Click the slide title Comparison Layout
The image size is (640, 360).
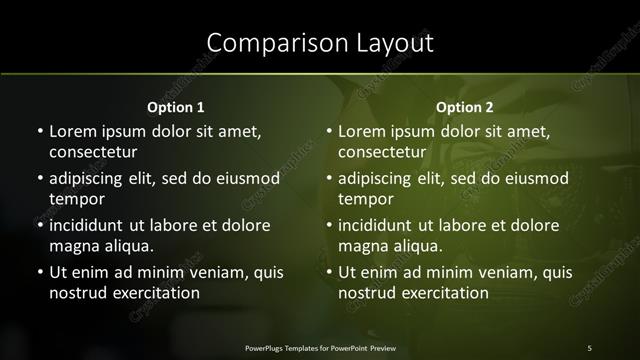320,43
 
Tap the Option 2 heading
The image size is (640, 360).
465,107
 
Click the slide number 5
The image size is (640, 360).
589,347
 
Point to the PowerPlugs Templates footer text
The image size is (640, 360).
320,347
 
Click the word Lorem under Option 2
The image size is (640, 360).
362,131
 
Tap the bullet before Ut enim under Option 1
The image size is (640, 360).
39,272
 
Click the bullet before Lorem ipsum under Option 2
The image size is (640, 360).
329,131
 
